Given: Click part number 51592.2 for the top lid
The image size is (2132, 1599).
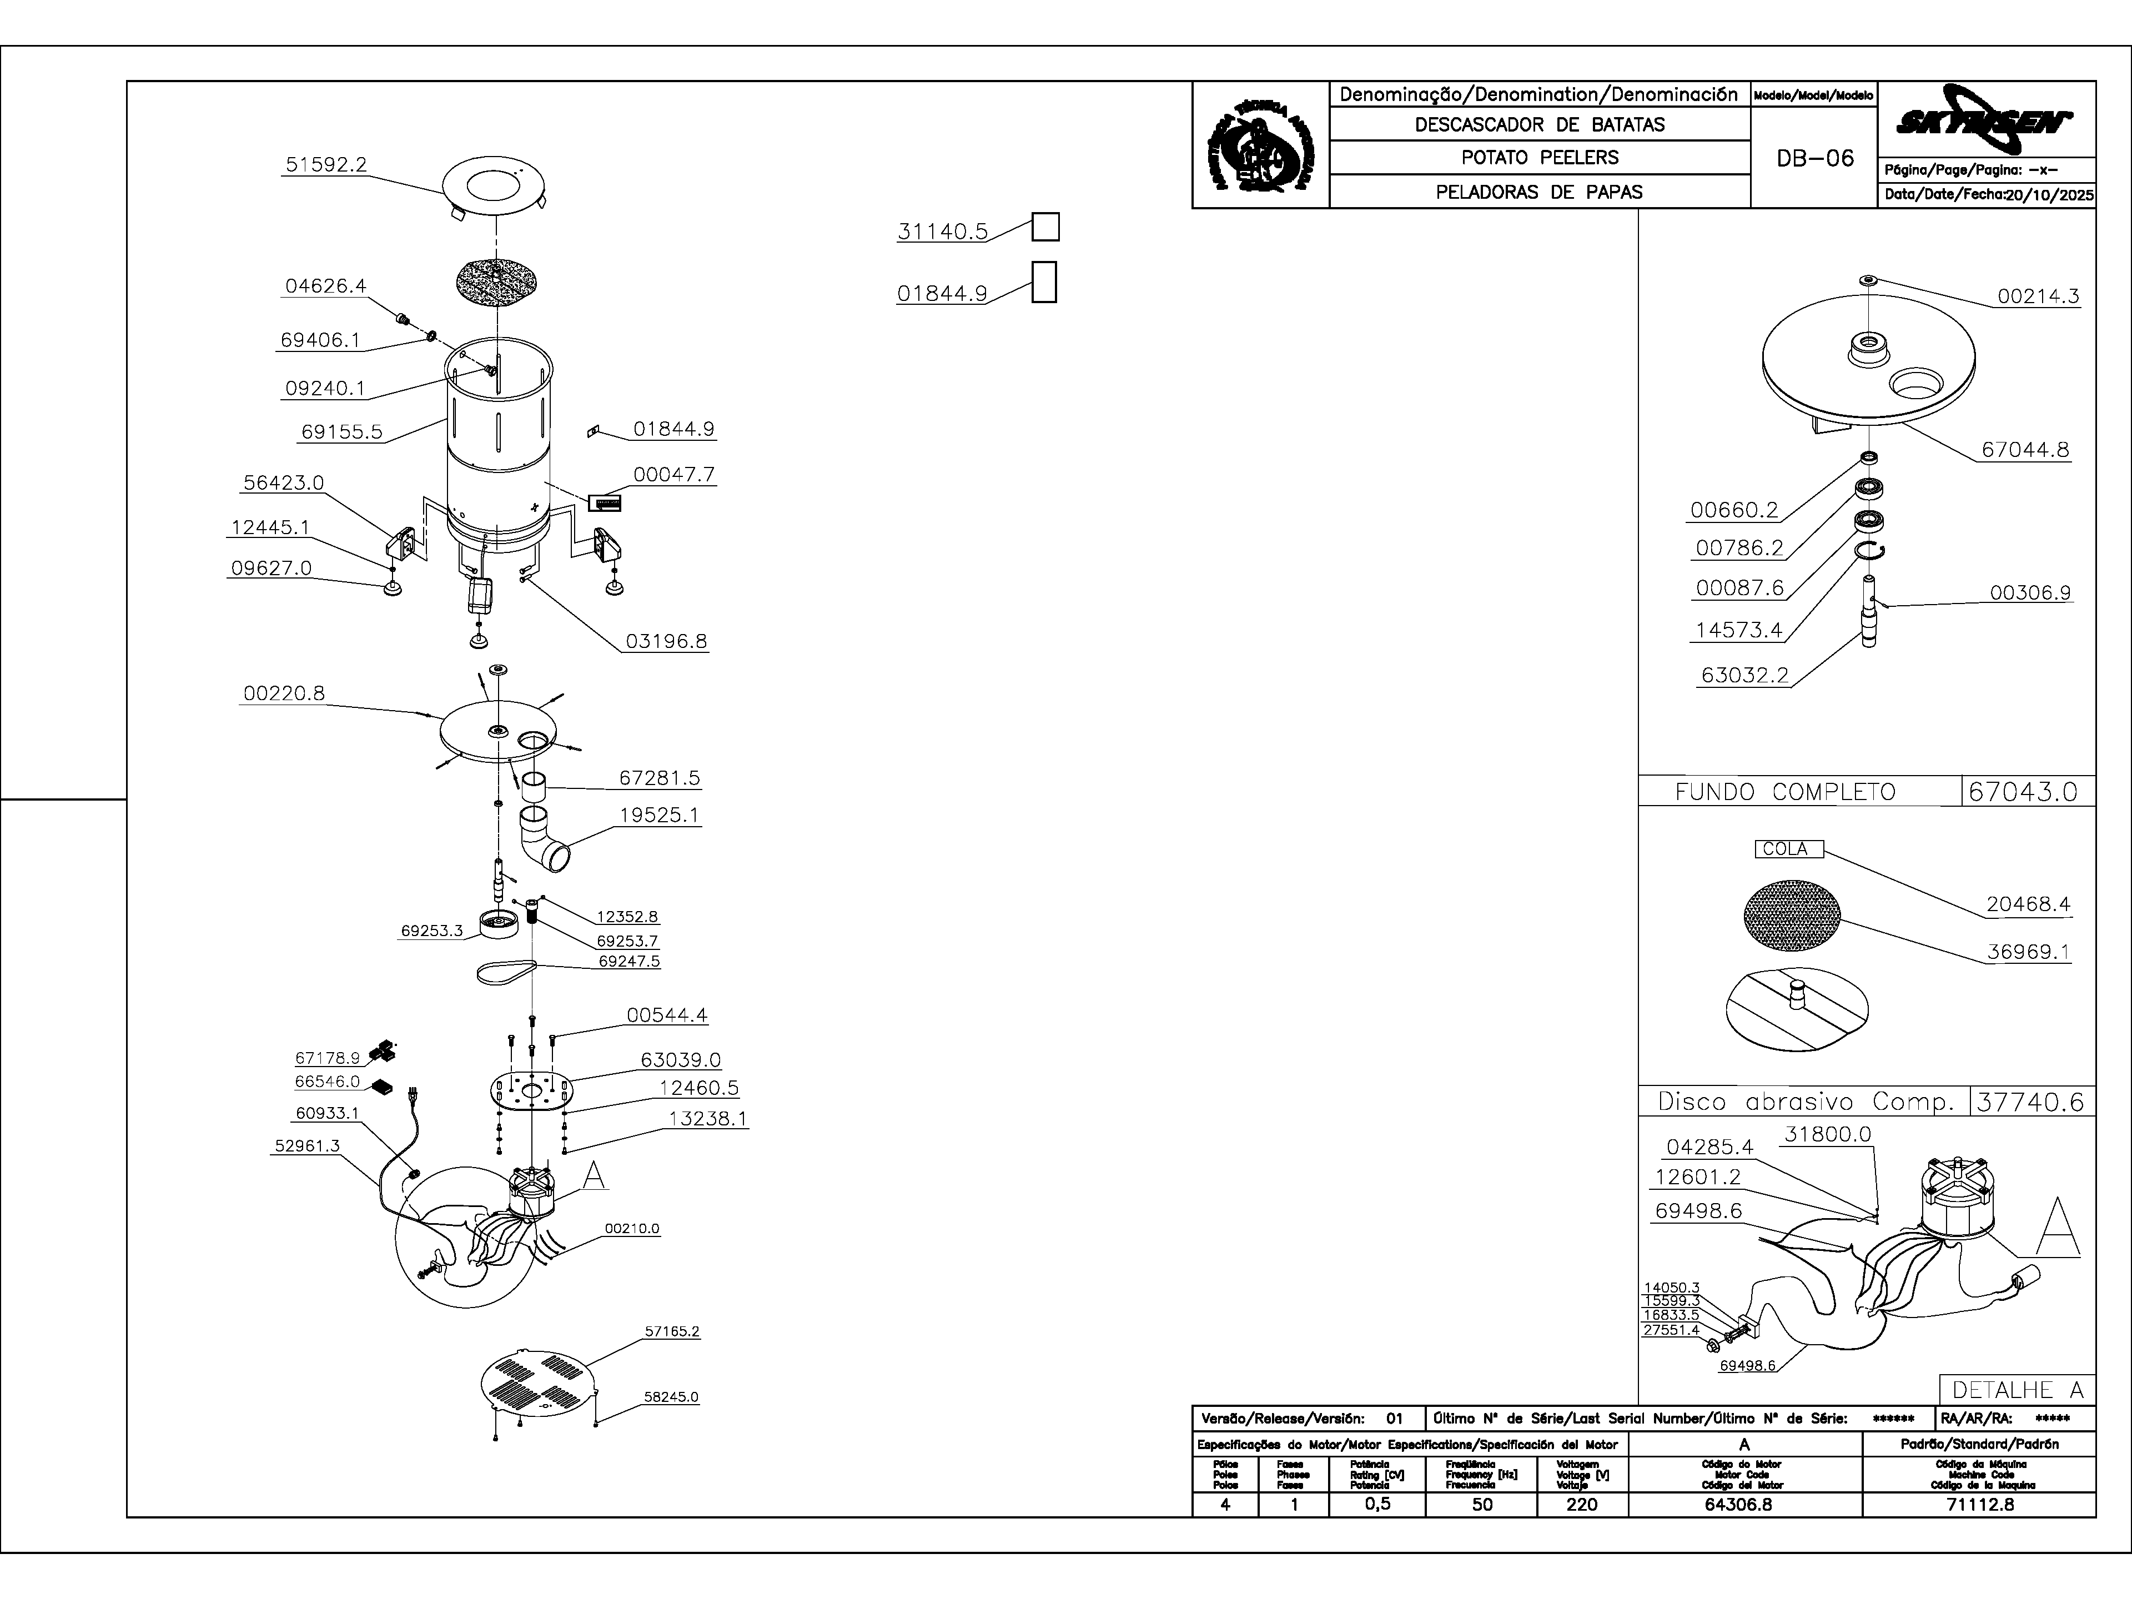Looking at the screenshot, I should pyautogui.click(x=326, y=165).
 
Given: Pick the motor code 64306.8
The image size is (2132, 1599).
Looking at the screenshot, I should pyautogui.click(x=1744, y=1505).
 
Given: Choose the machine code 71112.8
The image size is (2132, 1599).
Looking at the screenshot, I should pyautogui.click(x=1980, y=1505).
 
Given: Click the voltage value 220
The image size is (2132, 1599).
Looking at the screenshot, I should pyautogui.click(x=1582, y=1505).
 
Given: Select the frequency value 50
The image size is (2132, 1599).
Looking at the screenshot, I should pyautogui.click(x=1482, y=1505).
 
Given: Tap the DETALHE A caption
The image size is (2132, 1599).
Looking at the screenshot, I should pyautogui.click(x=2017, y=1390).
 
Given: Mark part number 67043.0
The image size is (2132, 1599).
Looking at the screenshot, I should pyautogui.click(x=2029, y=792).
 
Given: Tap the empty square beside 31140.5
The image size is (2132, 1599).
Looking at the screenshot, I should pyautogui.click(x=1046, y=228).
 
